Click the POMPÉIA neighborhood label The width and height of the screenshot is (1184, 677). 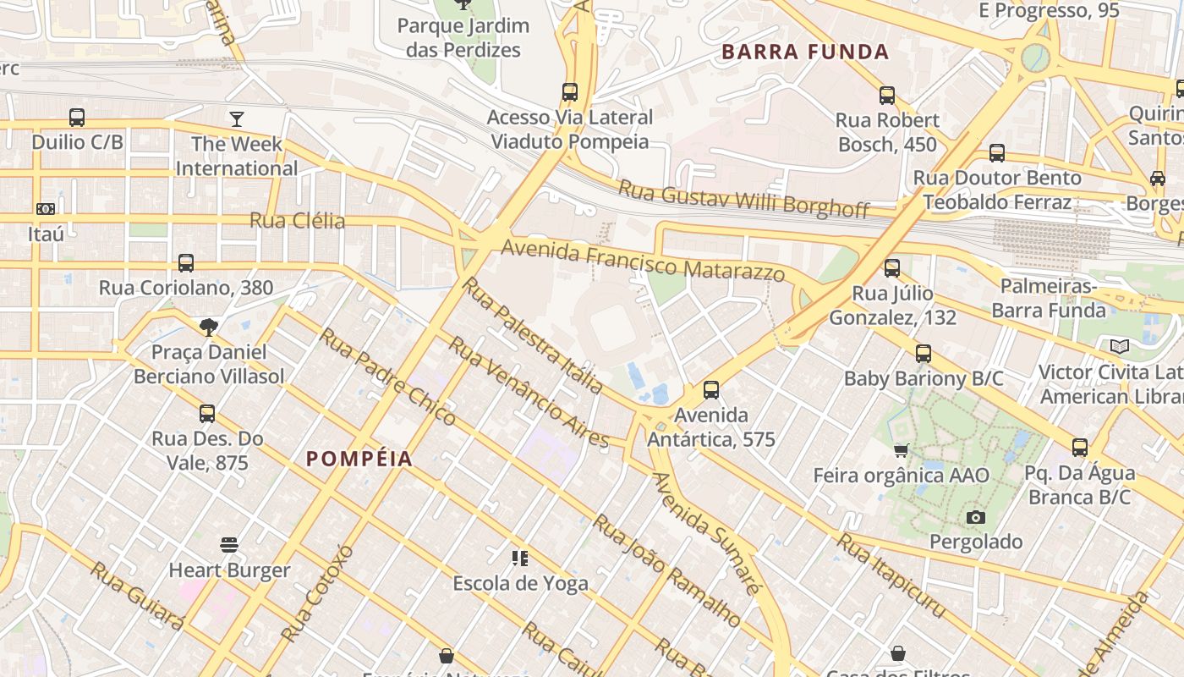tap(359, 459)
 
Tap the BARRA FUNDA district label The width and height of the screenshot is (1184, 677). tap(805, 52)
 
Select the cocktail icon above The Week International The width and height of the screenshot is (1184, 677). tap(237, 118)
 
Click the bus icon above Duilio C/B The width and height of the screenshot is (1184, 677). tap(77, 117)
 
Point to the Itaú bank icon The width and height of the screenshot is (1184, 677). tap(46, 208)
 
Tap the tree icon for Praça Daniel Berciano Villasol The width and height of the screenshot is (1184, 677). tap(209, 327)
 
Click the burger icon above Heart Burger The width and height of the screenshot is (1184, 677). tap(229, 544)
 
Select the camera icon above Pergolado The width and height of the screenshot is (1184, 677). tap(976, 516)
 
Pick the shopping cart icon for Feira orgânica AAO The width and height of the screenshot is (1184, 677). tap(902, 449)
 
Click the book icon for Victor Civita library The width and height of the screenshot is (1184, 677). tap(1120, 346)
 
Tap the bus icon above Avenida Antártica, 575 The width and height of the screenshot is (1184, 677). tap(711, 390)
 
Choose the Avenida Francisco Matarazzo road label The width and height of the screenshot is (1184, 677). tap(643, 261)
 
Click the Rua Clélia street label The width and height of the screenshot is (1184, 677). tap(297, 221)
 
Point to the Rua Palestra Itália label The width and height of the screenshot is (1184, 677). tap(533, 335)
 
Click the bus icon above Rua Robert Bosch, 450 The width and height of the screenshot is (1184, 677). tap(887, 96)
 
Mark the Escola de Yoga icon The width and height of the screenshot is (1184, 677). tap(520, 558)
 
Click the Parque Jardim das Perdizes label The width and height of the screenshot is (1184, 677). tap(463, 37)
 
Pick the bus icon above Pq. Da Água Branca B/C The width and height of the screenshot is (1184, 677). tap(1080, 448)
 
